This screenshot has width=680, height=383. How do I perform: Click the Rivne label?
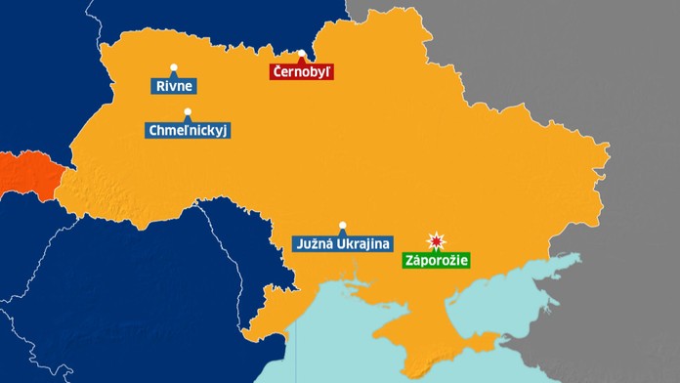175,86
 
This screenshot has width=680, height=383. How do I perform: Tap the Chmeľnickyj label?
189,130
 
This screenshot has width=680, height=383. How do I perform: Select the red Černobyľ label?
302,71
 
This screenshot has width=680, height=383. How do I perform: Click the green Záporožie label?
436,261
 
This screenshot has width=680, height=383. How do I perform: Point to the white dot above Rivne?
174,67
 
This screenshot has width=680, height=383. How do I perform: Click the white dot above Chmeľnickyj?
187,112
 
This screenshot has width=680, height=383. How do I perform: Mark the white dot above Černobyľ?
303,54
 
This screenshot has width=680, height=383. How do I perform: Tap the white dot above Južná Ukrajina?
342,225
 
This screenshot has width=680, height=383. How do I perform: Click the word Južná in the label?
314,243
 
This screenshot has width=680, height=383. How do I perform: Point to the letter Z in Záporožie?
409,261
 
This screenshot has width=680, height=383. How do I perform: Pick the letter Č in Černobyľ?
277,71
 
